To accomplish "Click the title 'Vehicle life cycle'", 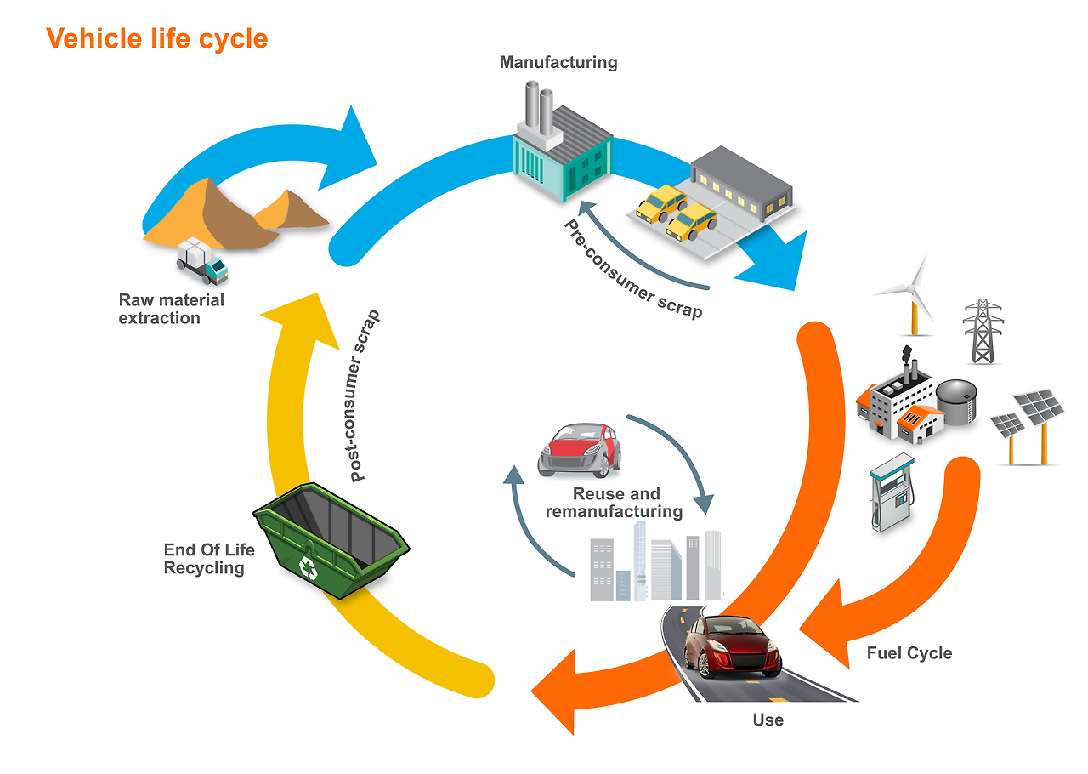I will click(x=157, y=38).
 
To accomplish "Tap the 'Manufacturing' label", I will click(x=558, y=62).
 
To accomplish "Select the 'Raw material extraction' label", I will click(x=172, y=309).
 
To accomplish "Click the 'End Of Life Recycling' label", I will click(x=208, y=559).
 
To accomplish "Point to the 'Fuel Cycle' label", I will click(x=909, y=653).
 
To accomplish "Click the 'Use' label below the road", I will click(x=768, y=720).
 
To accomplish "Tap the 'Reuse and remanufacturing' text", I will click(x=615, y=503).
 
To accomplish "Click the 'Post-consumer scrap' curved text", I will click(x=365, y=396).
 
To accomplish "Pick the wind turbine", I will click(x=912, y=294).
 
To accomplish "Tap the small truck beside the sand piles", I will click(x=201, y=260).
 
